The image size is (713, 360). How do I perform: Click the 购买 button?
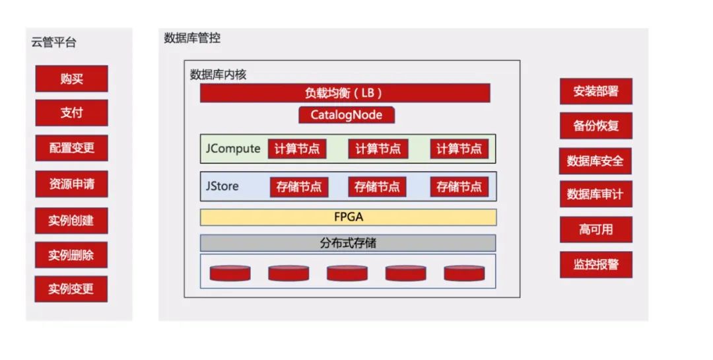71,79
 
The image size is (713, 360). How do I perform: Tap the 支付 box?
71,113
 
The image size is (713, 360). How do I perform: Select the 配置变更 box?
71,148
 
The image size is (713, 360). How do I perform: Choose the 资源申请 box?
71,184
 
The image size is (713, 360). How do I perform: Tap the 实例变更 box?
71,289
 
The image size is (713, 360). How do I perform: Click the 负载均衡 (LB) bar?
345,93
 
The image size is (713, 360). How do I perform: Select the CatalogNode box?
347,114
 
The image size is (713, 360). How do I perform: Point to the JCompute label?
233,149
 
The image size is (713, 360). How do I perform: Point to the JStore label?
222,186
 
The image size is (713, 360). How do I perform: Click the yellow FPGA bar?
348,217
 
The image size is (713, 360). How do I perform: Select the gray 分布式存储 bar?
348,243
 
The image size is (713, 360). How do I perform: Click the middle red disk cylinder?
347,273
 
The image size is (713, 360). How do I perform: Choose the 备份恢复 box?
595,126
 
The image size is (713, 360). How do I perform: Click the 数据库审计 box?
595,195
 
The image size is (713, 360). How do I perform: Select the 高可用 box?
595,229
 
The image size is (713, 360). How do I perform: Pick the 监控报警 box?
595,264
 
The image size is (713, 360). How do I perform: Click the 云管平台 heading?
53,43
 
